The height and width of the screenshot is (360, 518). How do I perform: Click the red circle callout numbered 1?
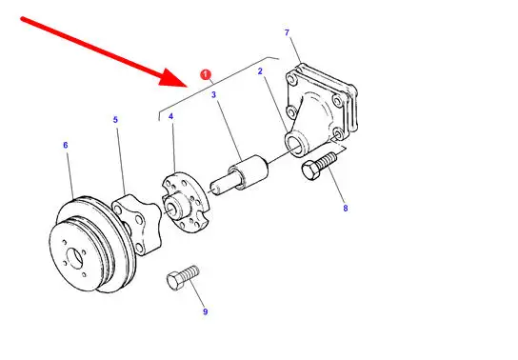click(206, 74)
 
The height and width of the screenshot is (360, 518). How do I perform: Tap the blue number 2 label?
click(260, 71)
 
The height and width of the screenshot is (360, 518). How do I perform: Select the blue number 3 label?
click(213, 95)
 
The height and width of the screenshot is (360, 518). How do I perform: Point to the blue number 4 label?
click(170, 116)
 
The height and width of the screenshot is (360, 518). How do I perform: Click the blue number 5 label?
click(115, 120)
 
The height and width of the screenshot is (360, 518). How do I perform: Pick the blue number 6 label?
click(66, 145)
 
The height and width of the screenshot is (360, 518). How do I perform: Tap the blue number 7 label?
click(287, 32)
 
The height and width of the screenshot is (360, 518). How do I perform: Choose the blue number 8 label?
click(346, 208)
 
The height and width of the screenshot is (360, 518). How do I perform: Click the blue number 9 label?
click(205, 311)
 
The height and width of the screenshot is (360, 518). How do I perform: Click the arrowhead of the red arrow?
click(173, 79)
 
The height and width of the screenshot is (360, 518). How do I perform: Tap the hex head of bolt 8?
click(310, 170)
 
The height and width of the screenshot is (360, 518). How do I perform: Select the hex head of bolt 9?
click(174, 281)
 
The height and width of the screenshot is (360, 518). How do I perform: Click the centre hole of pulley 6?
click(74, 258)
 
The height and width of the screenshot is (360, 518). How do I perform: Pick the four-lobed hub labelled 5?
click(136, 224)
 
